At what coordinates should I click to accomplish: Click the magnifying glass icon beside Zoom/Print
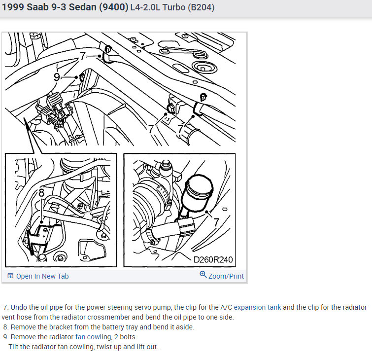pyautogui.click(x=203, y=275)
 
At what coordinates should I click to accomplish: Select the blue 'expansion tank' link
pyautogui.click(x=257, y=307)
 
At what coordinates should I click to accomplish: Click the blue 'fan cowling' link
pyautogui.click(x=93, y=337)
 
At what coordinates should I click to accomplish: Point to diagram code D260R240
pyautogui.click(x=213, y=259)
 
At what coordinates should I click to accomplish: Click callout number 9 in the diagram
pyautogui.click(x=57, y=77)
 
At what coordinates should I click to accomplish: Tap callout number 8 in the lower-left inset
pyautogui.click(x=41, y=193)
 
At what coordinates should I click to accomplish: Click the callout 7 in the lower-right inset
pyautogui.click(x=216, y=222)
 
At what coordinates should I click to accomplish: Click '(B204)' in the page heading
pyautogui.click(x=201, y=7)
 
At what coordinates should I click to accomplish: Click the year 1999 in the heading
pyautogui.click(x=13, y=7)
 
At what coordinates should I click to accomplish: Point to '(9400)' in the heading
pyautogui.click(x=114, y=7)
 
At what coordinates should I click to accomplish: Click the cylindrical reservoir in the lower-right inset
pyautogui.click(x=198, y=193)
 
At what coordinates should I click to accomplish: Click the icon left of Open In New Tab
pyautogui.click(x=10, y=276)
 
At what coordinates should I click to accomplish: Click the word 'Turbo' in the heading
pyautogui.click(x=174, y=7)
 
